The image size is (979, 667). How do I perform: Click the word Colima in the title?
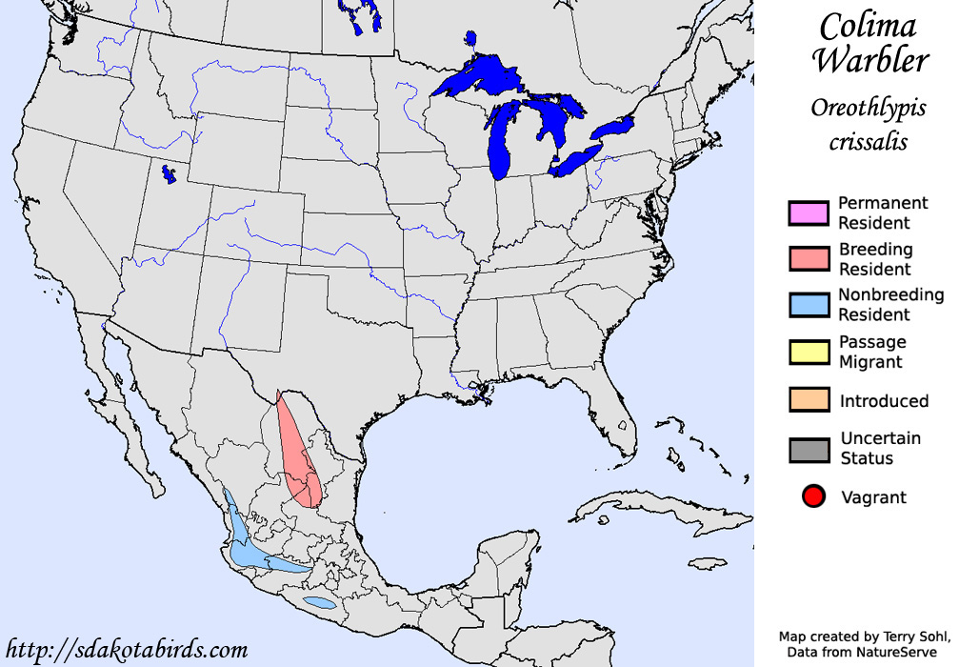click(868, 26)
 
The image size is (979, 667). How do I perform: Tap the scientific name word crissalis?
click(867, 142)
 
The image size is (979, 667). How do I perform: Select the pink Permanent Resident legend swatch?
click(809, 213)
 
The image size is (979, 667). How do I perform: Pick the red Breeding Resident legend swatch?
click(809, 259)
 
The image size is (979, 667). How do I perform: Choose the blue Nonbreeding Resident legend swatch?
click(809, 305)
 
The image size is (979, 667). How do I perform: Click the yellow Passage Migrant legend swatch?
click(809, 352)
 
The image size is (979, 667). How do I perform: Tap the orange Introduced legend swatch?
click(809, 400)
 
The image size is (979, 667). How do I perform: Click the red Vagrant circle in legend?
click(812, 496)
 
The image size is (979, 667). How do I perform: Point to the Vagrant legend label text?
click(873, 497)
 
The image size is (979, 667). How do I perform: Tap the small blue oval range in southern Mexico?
click(319, 603)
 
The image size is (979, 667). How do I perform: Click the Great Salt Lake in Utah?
click(170, 174)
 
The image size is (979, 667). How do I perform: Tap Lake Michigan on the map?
click(500, 143)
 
